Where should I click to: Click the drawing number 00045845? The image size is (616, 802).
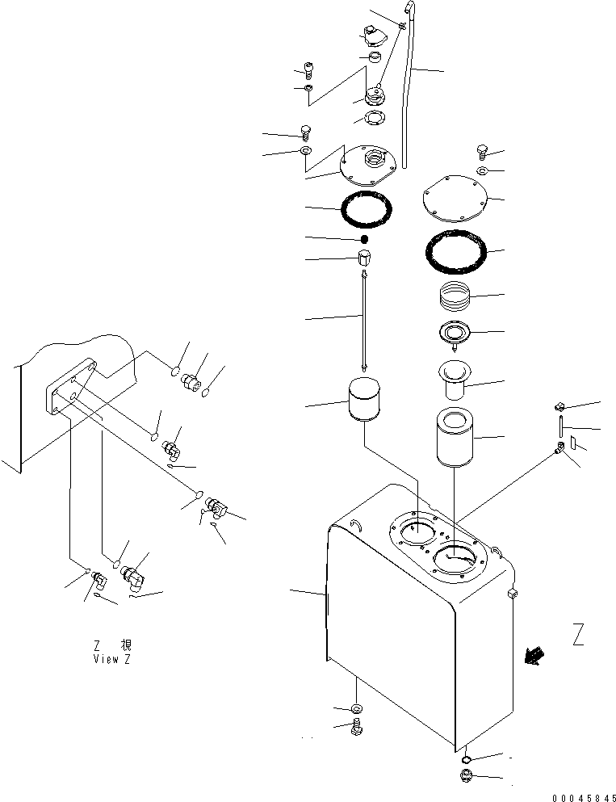584,797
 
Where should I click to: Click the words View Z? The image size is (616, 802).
112,659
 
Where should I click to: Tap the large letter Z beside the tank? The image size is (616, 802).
578,634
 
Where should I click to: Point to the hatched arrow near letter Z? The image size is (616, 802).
534,656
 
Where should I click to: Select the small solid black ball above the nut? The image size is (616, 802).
364,238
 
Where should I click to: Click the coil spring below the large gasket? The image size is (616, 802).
454,295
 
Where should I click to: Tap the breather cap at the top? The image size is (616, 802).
375,36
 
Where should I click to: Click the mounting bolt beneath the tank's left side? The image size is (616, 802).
357,727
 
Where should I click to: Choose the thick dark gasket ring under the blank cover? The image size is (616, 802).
456,252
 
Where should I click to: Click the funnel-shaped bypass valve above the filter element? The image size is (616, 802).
455,380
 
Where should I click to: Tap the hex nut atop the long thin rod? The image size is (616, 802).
364,258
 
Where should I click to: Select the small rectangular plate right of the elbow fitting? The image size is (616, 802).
573,442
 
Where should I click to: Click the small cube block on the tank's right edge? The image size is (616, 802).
513,594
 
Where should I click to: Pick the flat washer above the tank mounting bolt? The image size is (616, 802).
356,708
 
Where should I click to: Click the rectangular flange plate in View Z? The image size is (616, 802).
70,387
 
